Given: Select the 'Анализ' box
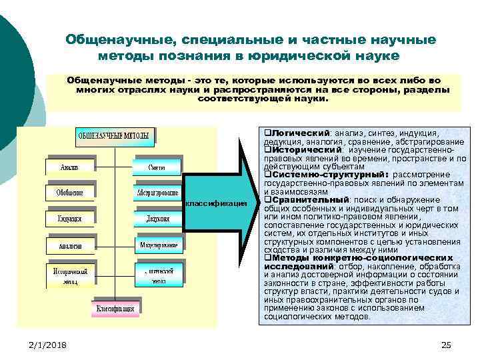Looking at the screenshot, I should click(70, 166).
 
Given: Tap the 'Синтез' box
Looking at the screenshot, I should click(157, 166).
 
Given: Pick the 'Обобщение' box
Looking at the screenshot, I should click(70, 192).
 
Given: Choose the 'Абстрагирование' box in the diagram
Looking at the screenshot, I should click(157, 192).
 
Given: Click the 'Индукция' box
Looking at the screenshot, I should click(70, 218).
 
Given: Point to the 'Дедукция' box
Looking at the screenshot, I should click(157, 218).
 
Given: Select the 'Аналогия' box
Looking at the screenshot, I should click(70, 245).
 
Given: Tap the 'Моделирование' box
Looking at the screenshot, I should click(157, 245).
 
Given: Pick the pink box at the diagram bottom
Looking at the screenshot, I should click(115, 309).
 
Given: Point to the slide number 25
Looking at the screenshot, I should click(446, 344).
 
